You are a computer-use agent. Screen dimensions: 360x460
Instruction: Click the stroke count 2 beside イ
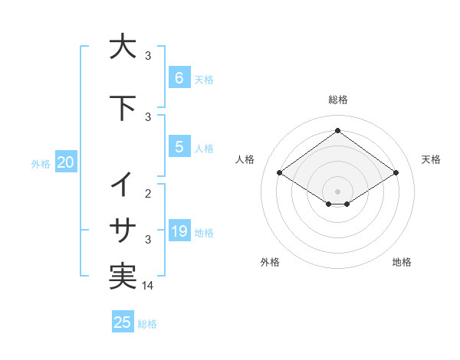(149, 194)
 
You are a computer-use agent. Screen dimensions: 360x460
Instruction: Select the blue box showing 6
(179, 78)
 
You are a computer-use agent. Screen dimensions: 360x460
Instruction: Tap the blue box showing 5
(179, 147)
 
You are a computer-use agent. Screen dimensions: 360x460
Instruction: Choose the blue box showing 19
(179, 231)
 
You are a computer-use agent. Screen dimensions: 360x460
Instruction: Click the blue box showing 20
(66, 162)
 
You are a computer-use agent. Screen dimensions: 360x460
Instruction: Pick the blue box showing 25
(122, 322)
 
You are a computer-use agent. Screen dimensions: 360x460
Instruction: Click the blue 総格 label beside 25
(147, 324)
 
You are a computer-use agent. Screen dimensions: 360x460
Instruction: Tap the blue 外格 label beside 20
(41, 163)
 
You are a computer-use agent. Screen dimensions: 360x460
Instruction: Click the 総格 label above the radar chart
(337, 100)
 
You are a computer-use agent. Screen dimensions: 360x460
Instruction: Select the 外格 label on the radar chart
(270, 262)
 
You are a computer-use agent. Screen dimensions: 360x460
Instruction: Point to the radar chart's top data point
(337, 131)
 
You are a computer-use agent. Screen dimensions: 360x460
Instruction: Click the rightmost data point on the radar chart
(396, 173)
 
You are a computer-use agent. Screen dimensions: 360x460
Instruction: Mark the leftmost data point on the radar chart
(280, 173)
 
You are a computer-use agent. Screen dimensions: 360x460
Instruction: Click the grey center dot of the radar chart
(337, 191)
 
